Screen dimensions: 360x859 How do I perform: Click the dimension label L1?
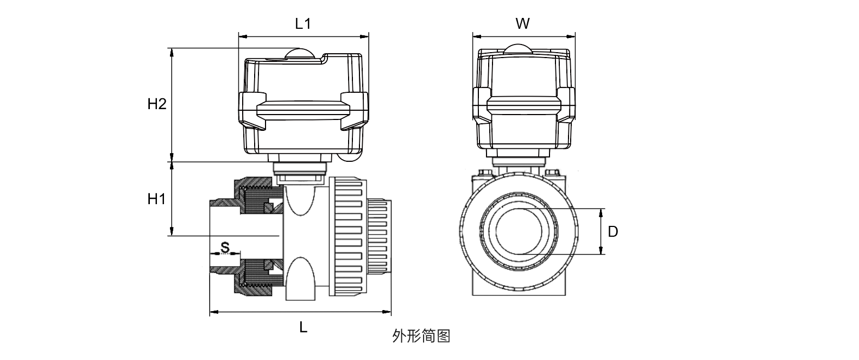point(302,23)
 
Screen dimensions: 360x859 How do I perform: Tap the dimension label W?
point(522,23)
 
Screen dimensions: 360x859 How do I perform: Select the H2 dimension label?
point(156,104)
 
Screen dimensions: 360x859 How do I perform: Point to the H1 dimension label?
point(156,199)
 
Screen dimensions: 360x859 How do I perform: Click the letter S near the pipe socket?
point(225,248)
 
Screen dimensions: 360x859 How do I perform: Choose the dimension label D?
point(612,232)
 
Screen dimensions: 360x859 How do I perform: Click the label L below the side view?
point(304,327)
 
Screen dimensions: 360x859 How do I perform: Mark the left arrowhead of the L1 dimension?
point(242,37)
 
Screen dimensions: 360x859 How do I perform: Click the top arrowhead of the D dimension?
point(601,212)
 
